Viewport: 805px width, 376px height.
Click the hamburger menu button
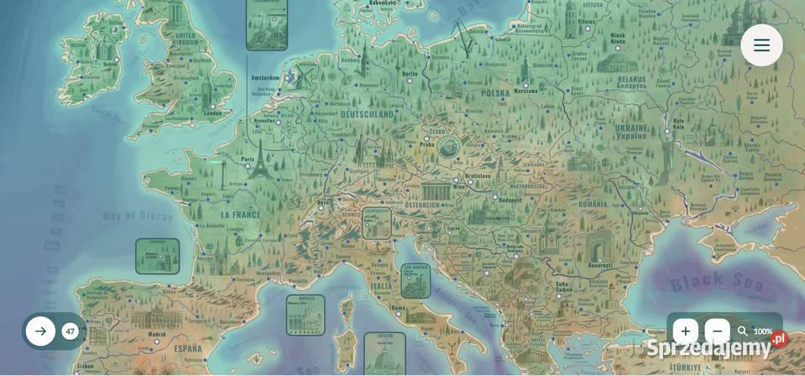pyautogui.click(x=761, y=45)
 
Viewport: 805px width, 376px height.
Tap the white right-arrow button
pyautogui.click(x=40, y=332)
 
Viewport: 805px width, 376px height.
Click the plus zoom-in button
pyautogui.click(x=685, y=332)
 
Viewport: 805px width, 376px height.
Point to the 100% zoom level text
pyautogui.click(x=762, y=332)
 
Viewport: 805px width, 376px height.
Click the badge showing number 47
pyautogui.click(x=71, y=332)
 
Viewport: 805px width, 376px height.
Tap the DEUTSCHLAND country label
pyautogui.click(x=367, y=114)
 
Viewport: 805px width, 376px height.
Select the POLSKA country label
pyautogui.click(x=495, y=94)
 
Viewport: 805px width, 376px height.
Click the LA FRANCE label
pyautogui.click(x=241, y=215)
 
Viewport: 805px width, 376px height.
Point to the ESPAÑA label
pyautogui.click(x=187, y=348)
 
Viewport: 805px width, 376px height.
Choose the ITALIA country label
pyautogui.click(x=381, y=286)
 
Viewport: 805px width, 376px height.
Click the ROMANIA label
pyautogui.click(x=592, y=204)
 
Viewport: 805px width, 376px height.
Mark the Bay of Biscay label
pyautogui.click(x=138, y=216)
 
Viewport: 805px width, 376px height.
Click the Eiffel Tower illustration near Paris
pyautogui.click(x=262, y=159)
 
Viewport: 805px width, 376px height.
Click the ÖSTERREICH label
pyautogui.click(x=422, y=205)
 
